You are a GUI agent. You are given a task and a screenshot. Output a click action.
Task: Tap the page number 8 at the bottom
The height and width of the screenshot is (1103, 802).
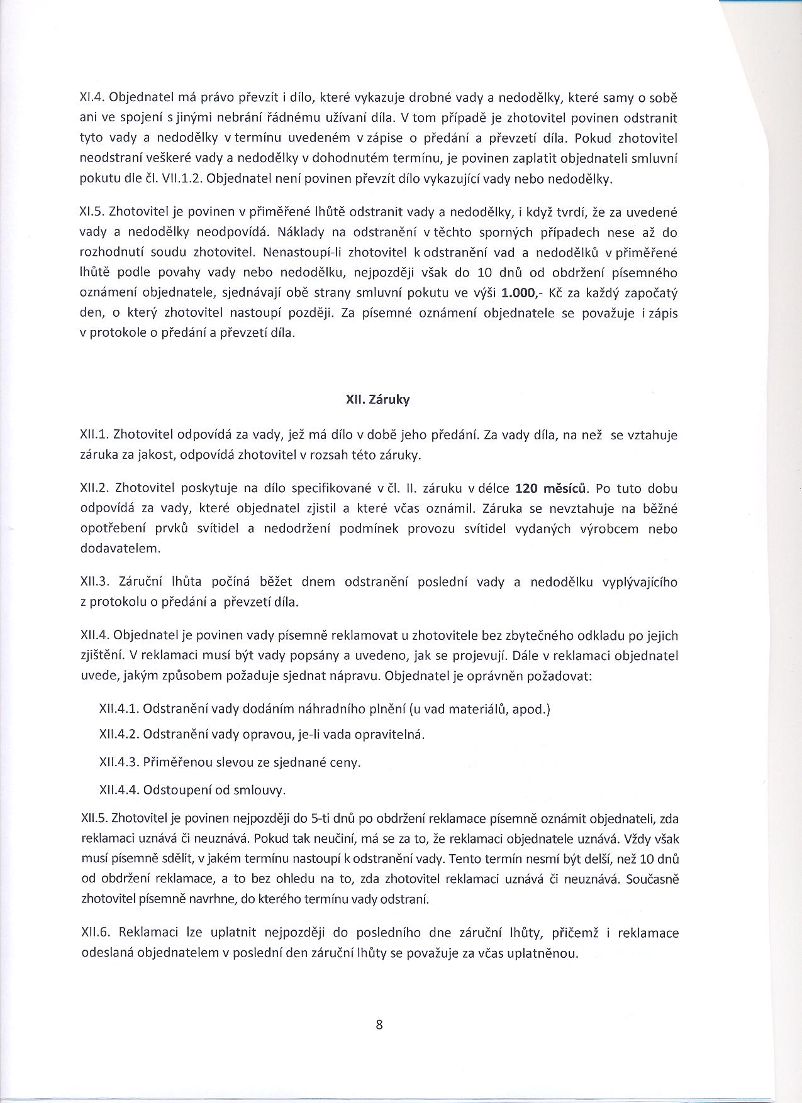379,1025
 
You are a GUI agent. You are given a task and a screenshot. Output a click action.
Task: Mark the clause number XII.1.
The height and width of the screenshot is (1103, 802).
95,435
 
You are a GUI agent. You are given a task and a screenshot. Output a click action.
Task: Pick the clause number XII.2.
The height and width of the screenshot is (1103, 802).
95,488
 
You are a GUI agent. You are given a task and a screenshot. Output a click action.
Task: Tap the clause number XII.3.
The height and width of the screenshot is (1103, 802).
95,582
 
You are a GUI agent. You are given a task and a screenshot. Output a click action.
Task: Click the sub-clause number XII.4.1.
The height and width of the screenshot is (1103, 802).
118,709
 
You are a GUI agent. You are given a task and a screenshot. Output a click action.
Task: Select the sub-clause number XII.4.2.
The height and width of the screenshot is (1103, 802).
118,735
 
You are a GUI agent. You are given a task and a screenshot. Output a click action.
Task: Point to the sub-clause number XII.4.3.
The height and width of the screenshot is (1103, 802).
118,762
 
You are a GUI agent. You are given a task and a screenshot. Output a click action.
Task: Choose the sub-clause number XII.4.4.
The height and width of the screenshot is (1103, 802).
118,789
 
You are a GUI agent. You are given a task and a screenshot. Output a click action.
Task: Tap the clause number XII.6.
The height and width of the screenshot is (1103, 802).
95,933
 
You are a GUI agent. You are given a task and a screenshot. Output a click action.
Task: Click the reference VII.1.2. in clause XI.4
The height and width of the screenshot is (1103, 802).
179,179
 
